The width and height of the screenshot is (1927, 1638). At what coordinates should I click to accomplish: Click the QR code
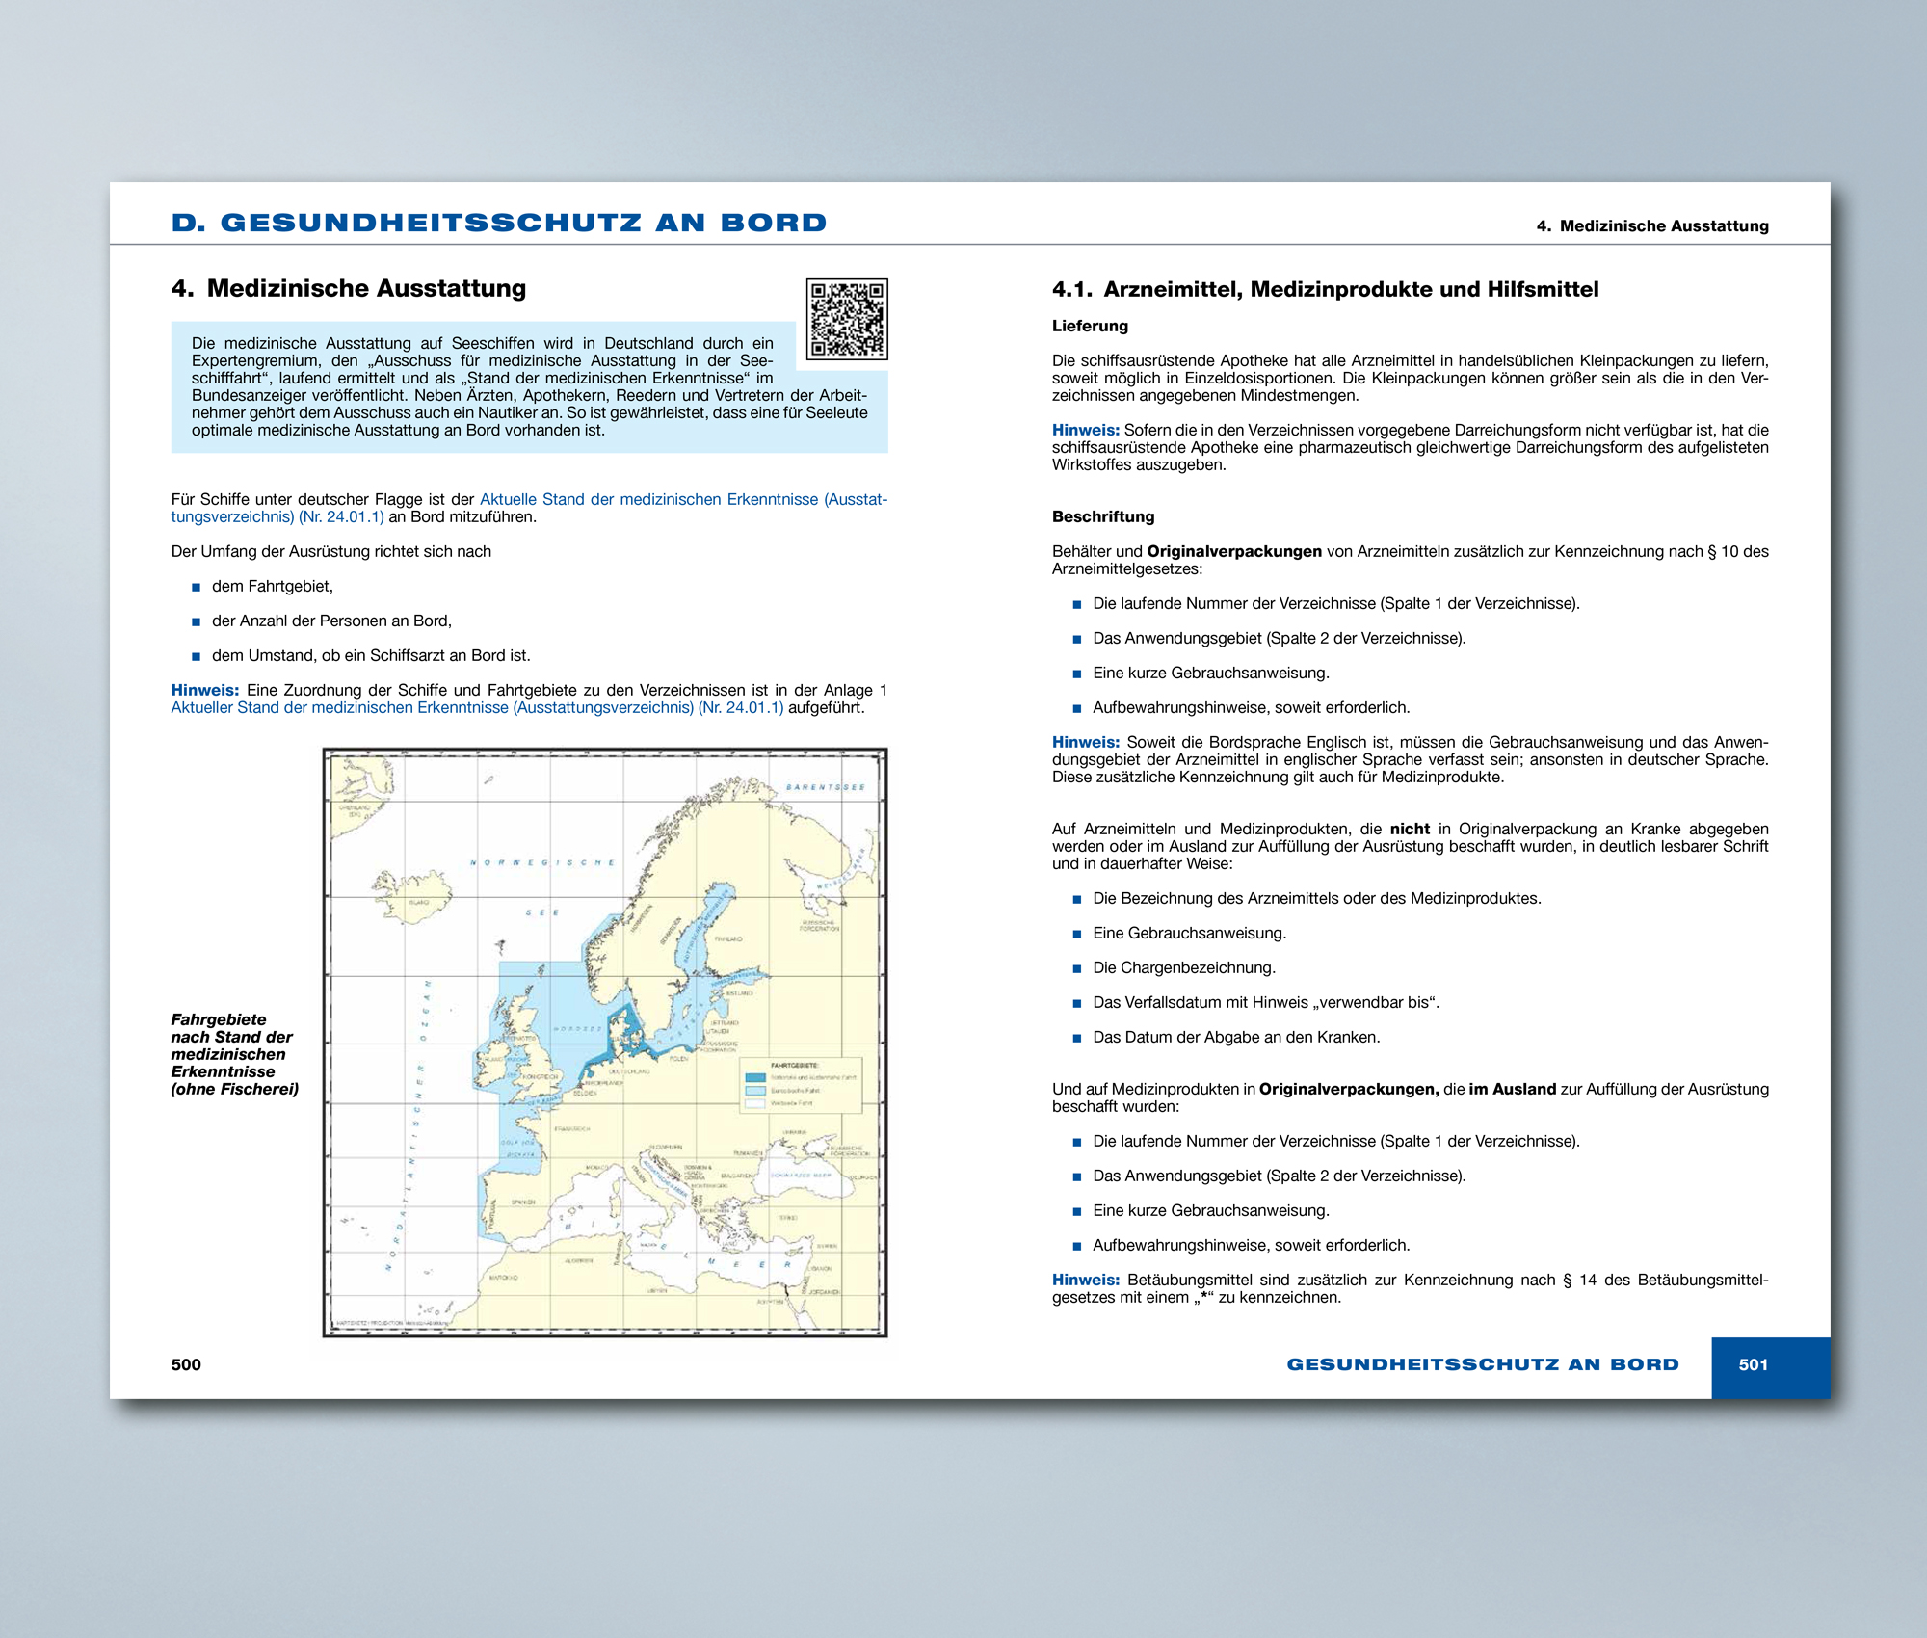847,319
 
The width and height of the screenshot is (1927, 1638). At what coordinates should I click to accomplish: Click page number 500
186,1364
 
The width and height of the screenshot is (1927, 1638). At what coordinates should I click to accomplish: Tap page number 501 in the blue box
1753,1364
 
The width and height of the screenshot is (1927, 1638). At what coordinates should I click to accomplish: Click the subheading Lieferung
1090,326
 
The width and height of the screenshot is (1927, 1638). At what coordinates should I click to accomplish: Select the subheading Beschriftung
1102,516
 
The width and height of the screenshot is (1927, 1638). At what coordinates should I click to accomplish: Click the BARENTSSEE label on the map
825,787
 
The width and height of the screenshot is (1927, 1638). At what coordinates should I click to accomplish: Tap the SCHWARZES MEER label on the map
801,1176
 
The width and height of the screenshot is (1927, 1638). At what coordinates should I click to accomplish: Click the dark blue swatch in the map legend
755,1077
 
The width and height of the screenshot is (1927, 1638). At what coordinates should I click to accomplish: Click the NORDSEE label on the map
577,1028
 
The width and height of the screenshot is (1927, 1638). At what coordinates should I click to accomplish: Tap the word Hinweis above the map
204,690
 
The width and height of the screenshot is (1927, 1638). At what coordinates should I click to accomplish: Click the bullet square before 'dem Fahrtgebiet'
196,587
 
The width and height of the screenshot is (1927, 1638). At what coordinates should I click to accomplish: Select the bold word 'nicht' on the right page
1410,829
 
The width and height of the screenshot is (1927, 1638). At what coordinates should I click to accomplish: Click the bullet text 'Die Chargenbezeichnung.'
1183,967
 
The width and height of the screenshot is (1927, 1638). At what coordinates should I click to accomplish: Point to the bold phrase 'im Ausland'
1512,1089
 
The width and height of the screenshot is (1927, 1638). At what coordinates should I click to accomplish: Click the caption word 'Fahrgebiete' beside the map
218,1019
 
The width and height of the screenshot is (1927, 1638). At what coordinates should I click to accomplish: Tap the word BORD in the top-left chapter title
773,223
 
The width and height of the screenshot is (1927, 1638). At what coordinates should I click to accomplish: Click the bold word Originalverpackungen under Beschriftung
1233,551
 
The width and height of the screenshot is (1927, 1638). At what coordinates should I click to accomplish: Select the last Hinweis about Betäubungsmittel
1085,1280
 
